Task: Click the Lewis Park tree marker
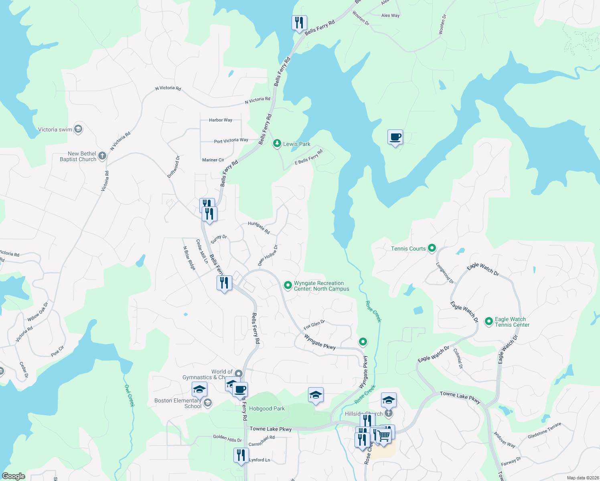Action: [x=277, y=143]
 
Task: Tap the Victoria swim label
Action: [x=55, y=129]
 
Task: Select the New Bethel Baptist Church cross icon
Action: [x=102, y=156]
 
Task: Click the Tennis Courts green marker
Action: [x=432, y=248]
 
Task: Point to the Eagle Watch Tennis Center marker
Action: [x=489, y=321]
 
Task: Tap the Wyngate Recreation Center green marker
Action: [x=288, y=285]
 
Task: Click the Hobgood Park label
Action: [x=267, y=408]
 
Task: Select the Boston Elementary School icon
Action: [x=207, y=402]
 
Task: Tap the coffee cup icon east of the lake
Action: [x=395, y=137]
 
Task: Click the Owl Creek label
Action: [x=130, y=395]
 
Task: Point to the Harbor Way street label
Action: [x=221, y=120]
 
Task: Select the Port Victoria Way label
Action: [x=231, y=141]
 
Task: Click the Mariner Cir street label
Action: [x=213, y=160]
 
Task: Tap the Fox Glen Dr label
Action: [x=314, y=325]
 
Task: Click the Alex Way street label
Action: [x=390, y=15]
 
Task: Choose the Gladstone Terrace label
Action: [x=544, y=430]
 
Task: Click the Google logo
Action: [x=13, y=476]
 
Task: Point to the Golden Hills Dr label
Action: [x=227, y=438]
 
